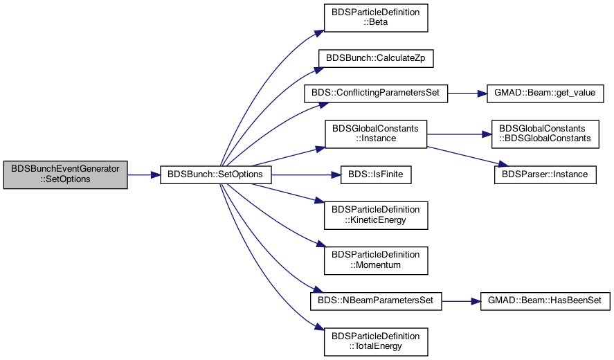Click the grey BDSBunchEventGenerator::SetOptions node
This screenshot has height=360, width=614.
pyautogui.click(x=65, y=174)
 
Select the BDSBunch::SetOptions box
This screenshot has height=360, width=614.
pyautogui.click(x=216, y=174)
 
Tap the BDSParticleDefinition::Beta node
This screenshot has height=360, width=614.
pyautogui.click(x=376, y=18)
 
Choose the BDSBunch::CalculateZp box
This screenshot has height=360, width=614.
pyautogui.click(x=376, y=58)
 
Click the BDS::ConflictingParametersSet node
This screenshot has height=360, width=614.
pyautogui.click(x=376, y=93)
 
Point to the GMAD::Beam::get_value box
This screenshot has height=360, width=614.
pyautogui.click(x=545, y=93)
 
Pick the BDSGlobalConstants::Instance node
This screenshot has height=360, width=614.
pyautogui.click(x=376, y=134)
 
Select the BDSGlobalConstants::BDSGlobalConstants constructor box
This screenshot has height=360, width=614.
pyautogui.click(x=545, y=134)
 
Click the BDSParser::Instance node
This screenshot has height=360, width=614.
pyautogui.click(x=545, y=174)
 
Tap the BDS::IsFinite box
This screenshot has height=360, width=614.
pyautogui.click(x=376, y=174)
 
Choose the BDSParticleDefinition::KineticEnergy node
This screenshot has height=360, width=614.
pyautogui.click(x=376, y=215)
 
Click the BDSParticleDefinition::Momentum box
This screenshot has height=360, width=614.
pyautogui.click(x=376, y=260)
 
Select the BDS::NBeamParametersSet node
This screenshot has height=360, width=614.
pyautogui.click(x=376, y=301)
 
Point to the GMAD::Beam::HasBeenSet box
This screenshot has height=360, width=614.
pyautogui.click(x=545, y=301)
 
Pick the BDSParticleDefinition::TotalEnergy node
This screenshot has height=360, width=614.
pyautogui.click(x=376, y=342)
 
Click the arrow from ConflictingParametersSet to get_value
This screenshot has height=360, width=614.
pyautogui.click(x=467, y=94)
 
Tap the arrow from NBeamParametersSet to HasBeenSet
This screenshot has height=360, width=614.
pyautogui.click(x=461, y=302)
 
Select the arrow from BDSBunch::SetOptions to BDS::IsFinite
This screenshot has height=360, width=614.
pyautogui.click(x=306, y=175)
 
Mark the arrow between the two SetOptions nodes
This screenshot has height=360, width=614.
pyautogui.click(x=144, y=175)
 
